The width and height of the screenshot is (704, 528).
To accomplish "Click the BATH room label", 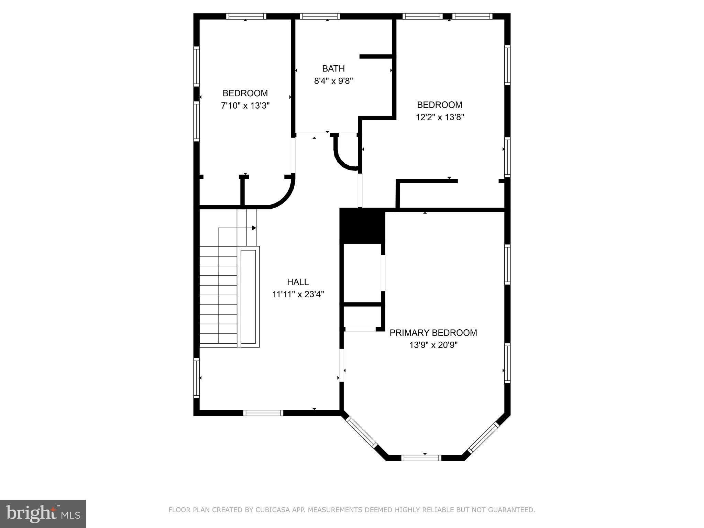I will (333, 68).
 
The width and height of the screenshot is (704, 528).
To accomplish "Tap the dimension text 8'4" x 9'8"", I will (333, 81).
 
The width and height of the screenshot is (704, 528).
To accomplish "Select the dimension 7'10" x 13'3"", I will (245, 106).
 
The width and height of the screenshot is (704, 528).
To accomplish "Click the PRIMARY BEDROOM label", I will (433, 333).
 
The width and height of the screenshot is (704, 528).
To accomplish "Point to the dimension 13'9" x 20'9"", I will (433, 345).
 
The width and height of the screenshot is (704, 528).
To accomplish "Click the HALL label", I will (298, 282).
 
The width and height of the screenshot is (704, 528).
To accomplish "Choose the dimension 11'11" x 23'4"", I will (298, 295).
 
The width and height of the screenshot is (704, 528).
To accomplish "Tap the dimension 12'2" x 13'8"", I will (440, 117).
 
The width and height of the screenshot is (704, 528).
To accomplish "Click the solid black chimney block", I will (362, 225).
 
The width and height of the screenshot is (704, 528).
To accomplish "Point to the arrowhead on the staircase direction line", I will (254, 228).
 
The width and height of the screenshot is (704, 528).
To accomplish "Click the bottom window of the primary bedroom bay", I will (421, 458).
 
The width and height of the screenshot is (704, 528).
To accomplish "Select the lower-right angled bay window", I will (483, 437).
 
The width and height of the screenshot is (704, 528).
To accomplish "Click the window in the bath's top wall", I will (320, 16).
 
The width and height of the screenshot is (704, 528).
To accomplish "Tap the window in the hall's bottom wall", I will (263, 413).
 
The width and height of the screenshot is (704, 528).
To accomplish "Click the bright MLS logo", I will (43, 514).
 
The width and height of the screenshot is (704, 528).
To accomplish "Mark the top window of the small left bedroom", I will (246, 16).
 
